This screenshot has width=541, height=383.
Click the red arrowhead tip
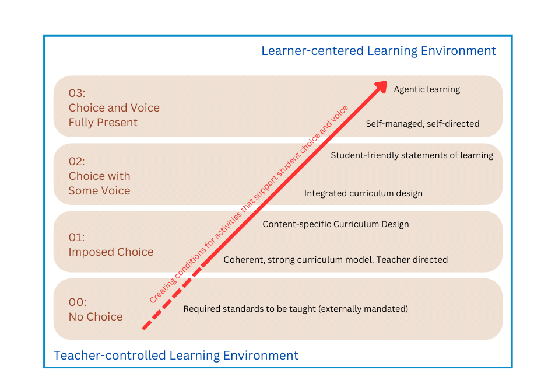pos(385,82)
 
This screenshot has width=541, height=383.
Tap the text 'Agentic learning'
pos(427,89)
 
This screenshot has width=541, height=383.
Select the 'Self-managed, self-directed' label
pos(422,124)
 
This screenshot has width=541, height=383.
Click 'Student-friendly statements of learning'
pos(412,155)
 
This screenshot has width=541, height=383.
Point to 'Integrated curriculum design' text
pos(363,193)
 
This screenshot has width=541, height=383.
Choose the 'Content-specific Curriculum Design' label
pos(336,224)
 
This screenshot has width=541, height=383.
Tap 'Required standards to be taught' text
pos(250,308)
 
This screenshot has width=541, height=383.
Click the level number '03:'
pos(77,93)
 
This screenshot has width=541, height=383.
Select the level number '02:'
pos(77,161)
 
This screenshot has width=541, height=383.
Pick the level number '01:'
pos(76,237)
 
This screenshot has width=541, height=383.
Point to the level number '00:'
pos(78,302)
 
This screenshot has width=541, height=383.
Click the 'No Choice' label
pos(96,317)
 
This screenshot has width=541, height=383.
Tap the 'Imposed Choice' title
pos(111,252)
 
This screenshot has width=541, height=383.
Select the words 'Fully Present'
pos(103,123)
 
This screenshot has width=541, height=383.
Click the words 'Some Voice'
pos(99,191)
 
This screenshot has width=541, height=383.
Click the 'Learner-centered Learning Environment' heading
pos(378,51)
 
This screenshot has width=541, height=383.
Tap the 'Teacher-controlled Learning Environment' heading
pos(175,356)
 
